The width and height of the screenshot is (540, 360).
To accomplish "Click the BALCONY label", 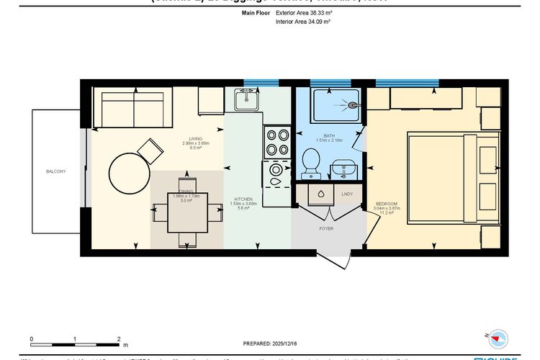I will (55, 171).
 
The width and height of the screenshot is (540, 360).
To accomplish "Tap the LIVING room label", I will (194, 138).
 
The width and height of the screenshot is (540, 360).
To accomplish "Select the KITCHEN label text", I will (243, 199).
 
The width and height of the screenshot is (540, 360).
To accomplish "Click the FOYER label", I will (326, 229).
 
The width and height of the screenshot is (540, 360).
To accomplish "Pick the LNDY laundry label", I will (346, 194).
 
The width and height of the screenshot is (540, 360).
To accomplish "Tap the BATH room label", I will (329, 135).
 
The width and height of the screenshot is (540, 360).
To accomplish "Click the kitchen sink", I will (247, 99).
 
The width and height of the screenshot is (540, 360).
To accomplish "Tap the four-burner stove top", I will (276, 142).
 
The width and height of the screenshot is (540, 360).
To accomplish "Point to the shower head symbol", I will (353, 105).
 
